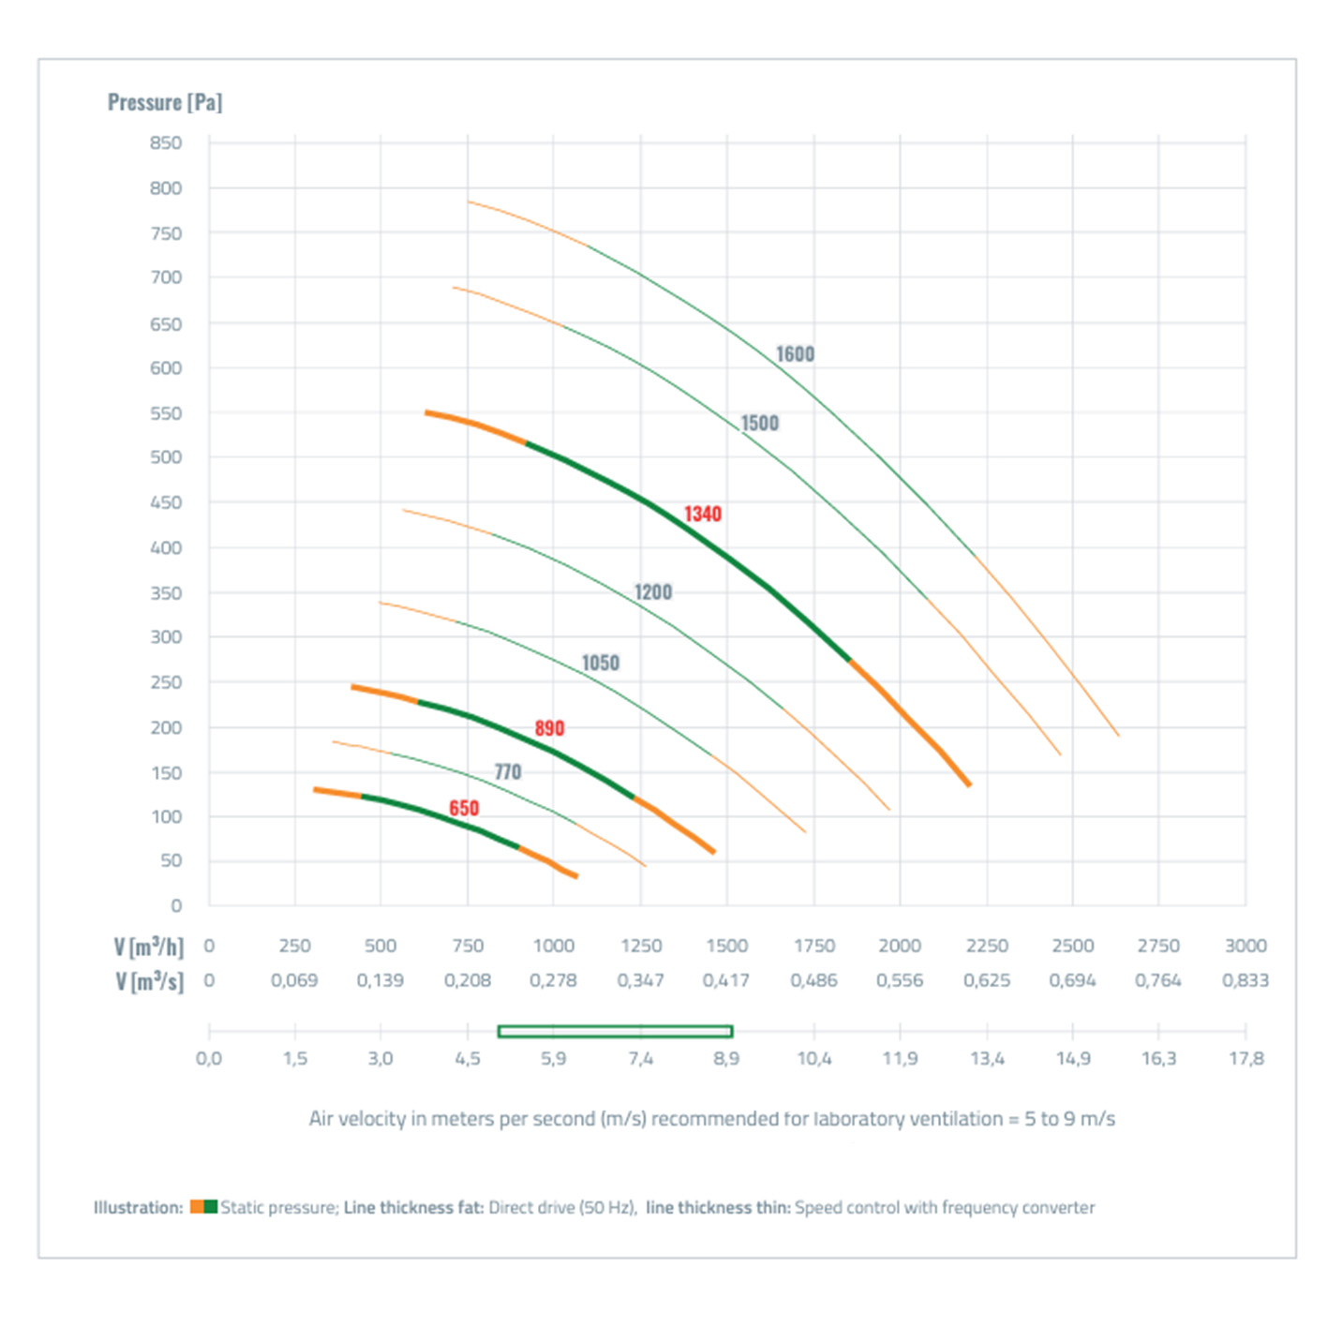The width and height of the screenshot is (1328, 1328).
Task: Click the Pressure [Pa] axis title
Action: tap(165, 102)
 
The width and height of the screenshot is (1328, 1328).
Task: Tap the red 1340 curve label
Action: tap(702, 514)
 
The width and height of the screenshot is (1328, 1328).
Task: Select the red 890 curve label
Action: tap(549, 728)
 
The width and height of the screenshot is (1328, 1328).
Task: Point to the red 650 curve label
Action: tap(464, 808)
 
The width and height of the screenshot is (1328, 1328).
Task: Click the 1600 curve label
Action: tap(795, 354)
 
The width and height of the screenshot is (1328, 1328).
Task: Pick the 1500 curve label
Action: tap(759, 424)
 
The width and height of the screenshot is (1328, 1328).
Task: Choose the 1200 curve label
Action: tap(653, 592)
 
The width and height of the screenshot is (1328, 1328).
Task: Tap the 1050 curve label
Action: tap(600, 664)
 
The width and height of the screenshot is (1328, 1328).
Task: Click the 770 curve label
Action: tap(507, 772)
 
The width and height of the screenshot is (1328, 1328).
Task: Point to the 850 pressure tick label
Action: tap(166, 142)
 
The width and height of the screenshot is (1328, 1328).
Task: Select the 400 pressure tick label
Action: tap(166, 547)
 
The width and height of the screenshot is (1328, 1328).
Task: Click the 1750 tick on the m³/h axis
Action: tap(813, 946)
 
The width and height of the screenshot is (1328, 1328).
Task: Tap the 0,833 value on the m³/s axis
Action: tap(1245, 980)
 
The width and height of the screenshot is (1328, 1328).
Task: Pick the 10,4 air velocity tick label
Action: tap(813, 1058)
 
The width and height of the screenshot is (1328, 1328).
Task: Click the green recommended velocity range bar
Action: tap(615, 1031)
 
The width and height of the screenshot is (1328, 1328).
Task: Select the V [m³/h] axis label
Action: tap(149, 947)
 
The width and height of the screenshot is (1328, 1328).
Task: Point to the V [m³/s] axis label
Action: tap(150, 981)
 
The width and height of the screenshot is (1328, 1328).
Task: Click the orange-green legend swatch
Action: tap(203, 1207)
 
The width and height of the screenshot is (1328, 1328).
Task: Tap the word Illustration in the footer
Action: tap(138, 1207)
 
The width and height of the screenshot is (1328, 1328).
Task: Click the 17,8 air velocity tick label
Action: tap(1246, 1058)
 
